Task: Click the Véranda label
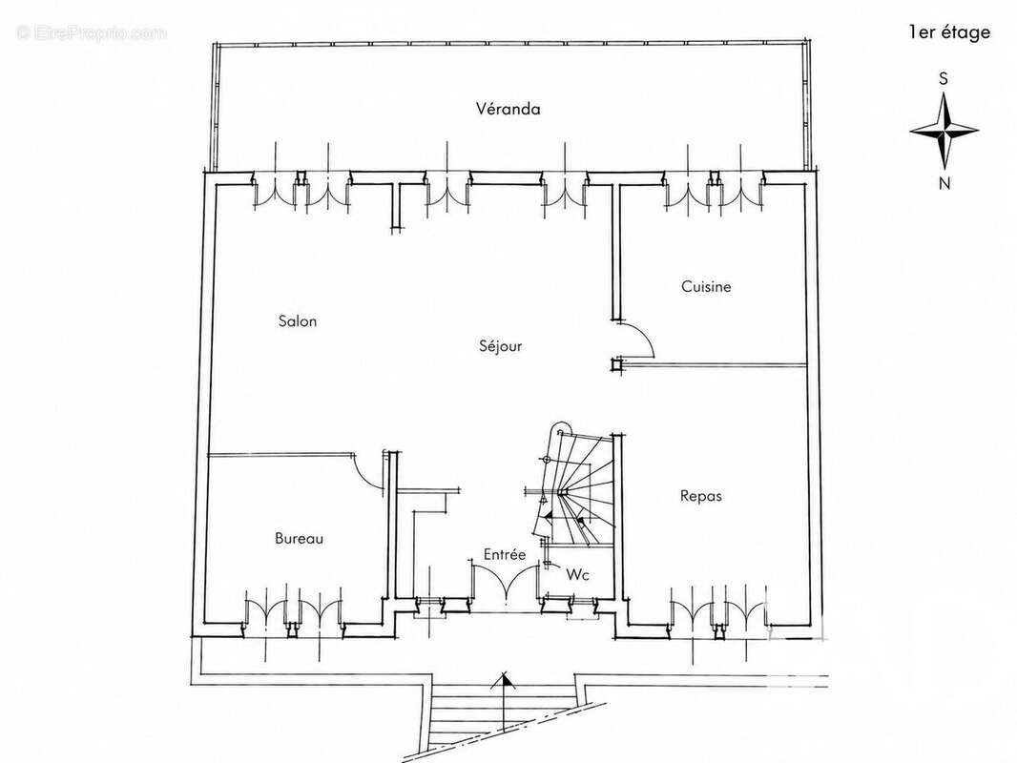508,109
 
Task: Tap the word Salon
298,320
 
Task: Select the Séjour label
501,345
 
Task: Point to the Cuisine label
706,286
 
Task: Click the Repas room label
701,496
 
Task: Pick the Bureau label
299,538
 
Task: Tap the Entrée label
505,554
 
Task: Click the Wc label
578,574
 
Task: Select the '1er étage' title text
949,31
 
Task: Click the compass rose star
944,132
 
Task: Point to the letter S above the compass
944,78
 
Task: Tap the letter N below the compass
944,183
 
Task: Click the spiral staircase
571,486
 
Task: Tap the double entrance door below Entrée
506,584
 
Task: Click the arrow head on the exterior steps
503,681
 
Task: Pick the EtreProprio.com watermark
92,32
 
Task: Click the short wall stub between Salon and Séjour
396,206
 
